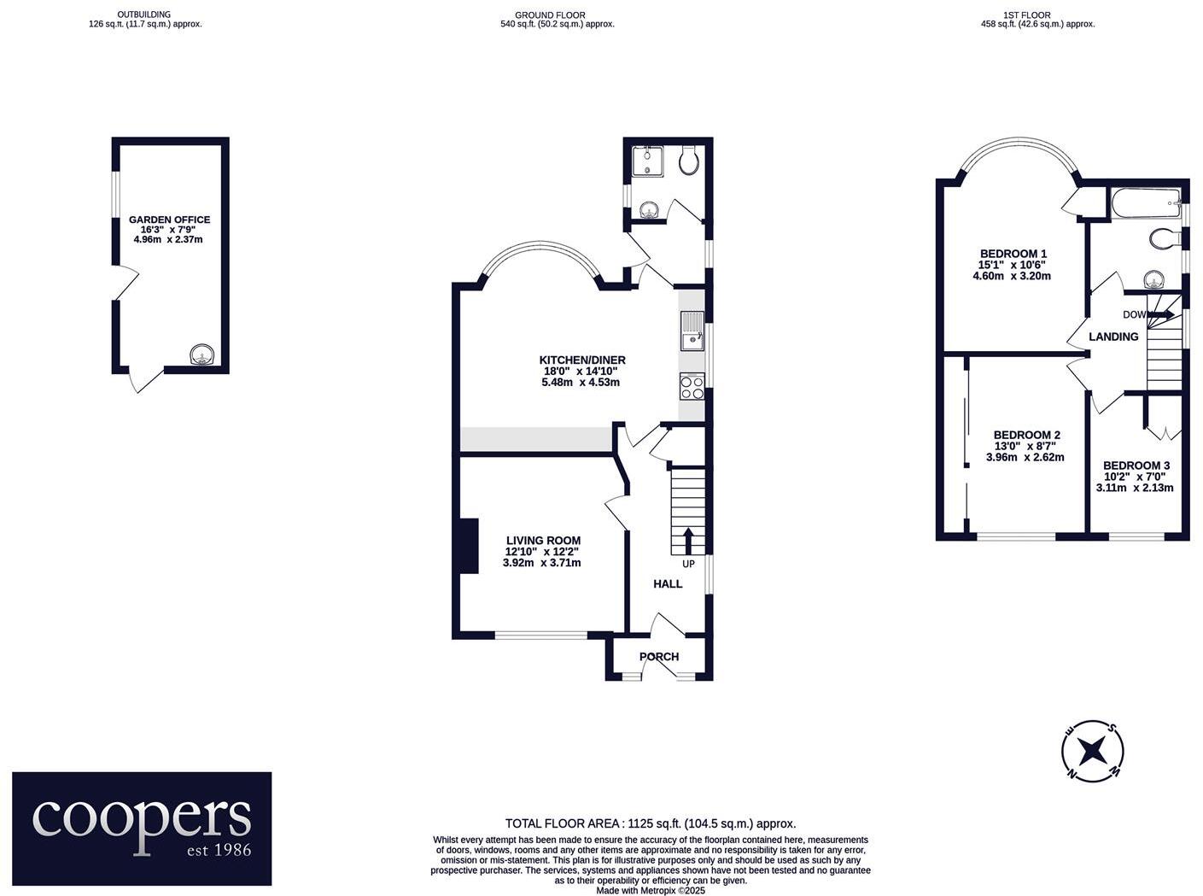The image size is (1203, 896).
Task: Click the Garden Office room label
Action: tap(169, 220)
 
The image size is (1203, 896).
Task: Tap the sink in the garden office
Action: tap(201, 354)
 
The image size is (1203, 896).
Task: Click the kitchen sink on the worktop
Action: tap(692, 331)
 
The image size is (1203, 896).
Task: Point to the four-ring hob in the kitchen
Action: tap(692, 387)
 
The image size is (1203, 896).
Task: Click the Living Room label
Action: tap(543, 540)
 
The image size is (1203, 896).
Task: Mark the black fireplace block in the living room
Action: tap(467, 546)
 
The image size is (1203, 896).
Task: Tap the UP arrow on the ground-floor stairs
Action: tap(688, 541)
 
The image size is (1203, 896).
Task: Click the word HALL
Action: tap(668, 583)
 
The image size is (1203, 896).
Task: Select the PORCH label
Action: tap(659, 657)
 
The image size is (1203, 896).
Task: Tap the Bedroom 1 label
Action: tap(1013, 254)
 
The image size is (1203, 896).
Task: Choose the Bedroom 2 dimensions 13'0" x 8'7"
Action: tap(1025, 446)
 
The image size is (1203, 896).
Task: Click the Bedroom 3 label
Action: tap(1136, 466)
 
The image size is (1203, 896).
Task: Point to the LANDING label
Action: tap(1113, 337)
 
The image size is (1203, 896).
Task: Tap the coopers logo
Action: tap(142, 829)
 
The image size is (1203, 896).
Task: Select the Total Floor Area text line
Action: tap(651, 823)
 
